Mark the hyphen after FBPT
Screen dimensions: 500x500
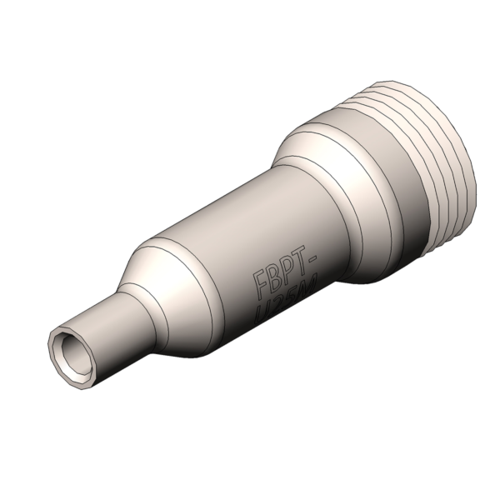click(x=312, y=260)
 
